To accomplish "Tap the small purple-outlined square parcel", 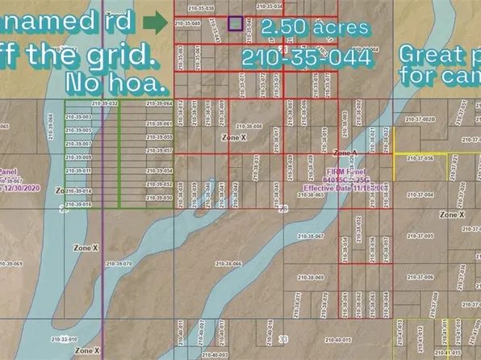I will coord(234,24).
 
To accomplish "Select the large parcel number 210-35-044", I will coord(307,58).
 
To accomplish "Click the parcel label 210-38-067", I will coord(310,236).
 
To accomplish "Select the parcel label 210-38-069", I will coord(310,277).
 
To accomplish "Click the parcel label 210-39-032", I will coord(105,104).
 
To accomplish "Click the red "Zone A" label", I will coord(345,153).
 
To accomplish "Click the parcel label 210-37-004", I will coord(420,195).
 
